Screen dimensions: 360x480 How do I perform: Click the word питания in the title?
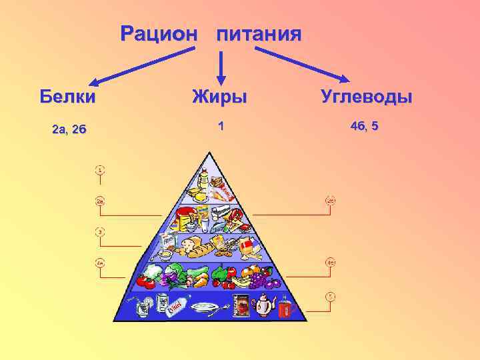259,34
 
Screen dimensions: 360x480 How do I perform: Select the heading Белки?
67,97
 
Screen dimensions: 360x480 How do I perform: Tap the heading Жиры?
219,97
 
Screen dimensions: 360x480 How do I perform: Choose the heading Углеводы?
367,97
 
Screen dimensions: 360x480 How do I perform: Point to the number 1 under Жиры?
221,125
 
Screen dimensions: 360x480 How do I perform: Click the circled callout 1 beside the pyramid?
99,170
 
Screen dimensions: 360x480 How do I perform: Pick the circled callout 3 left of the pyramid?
99,232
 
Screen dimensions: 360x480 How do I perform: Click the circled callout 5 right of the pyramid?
330,295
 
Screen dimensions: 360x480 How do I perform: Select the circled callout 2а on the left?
99,201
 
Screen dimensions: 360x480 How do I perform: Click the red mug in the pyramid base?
287,309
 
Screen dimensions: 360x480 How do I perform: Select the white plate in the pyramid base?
205,307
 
